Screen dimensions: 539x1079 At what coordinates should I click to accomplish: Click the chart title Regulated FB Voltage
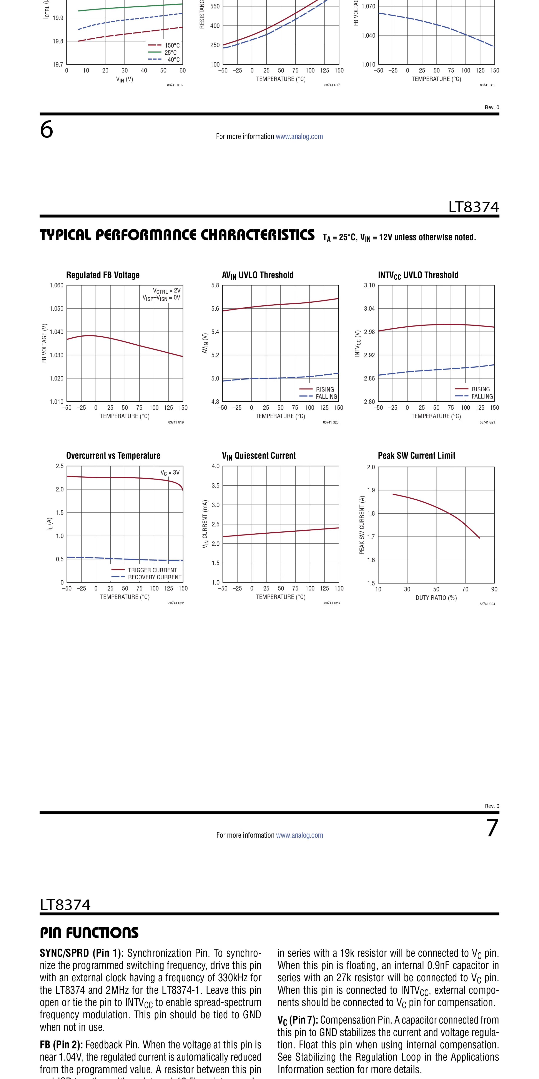[103, 275]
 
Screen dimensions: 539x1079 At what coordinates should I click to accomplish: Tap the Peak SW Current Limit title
[416, 456]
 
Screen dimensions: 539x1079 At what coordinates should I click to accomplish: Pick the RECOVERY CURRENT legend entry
[146, 577]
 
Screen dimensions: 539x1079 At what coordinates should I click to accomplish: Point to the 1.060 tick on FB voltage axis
[57, 286]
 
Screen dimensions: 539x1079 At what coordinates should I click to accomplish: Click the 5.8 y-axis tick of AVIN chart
[215, 286]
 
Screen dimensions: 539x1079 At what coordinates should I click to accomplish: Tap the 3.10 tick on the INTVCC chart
[369, 286]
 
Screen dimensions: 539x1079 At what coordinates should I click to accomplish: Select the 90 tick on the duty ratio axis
[494, 589]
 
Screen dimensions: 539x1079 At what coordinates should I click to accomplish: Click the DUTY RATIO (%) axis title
[436, 598]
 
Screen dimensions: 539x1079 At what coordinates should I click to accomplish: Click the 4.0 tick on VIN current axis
[215, 466]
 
